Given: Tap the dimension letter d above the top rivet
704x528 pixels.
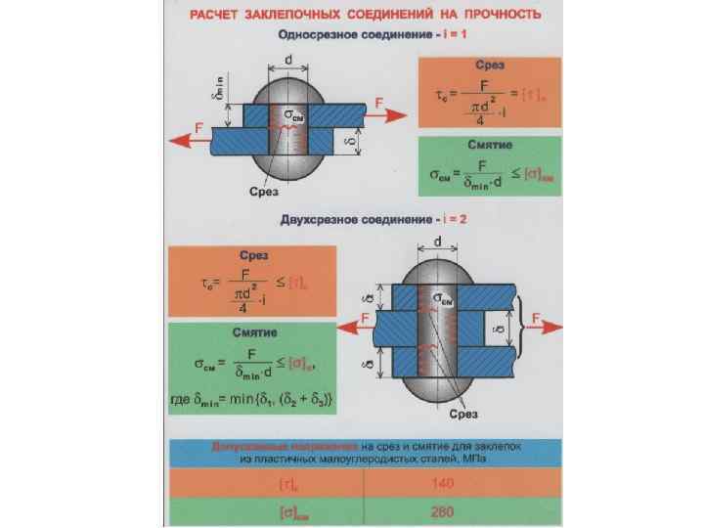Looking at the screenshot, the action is (289, 60).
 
